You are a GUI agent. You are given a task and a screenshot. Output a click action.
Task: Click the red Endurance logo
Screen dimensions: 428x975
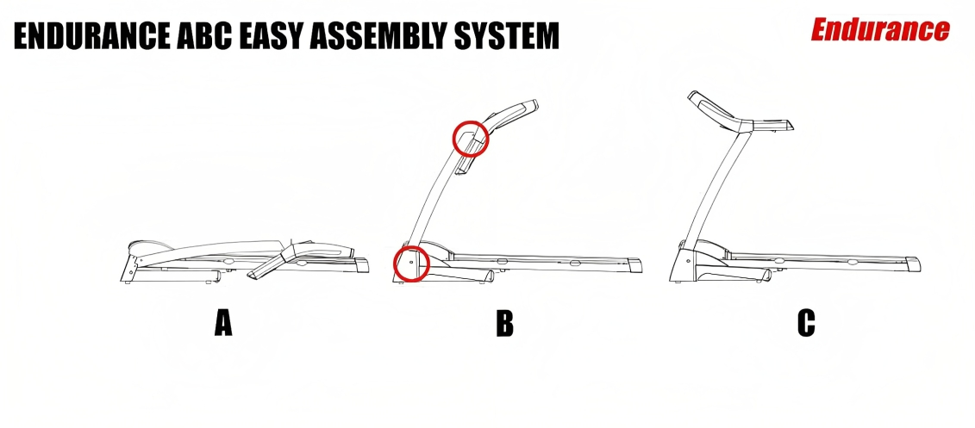[879, 30]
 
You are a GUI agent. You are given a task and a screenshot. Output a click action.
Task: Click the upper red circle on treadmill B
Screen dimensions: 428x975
[471, 138]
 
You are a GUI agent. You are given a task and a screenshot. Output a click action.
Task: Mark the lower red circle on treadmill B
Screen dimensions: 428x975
[410, 262]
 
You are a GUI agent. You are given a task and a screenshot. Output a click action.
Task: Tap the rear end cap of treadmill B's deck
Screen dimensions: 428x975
[634, 264]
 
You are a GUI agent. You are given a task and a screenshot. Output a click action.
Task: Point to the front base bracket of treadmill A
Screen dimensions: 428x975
[129, 264]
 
